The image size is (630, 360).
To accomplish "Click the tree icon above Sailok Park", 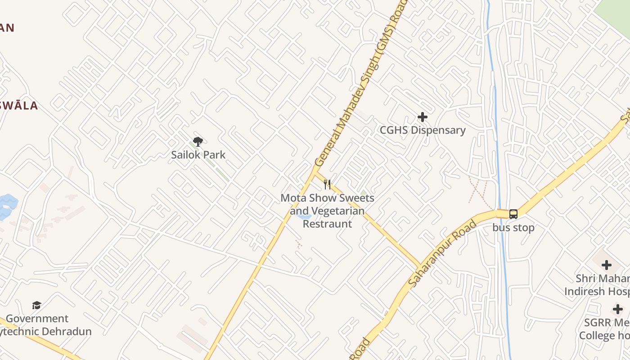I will click(x=198, y=142).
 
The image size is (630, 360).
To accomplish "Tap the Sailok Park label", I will click(x=198, y=155).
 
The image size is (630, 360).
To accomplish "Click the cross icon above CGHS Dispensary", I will click(x=422, y=117).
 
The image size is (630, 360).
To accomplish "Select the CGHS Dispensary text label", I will click(x=423, y=130).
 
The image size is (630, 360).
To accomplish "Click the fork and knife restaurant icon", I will click(x=327, y=184).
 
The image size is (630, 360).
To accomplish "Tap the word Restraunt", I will click(x=327, y=224).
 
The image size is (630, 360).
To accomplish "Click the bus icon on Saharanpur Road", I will click(x=513, y=214).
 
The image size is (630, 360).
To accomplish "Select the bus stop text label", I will click(x=513, y=228).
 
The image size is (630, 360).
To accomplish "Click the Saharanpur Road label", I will click(x=442, y=254).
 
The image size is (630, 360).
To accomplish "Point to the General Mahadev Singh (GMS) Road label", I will click(x=360, y=83).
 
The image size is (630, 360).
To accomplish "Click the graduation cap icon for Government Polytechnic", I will click(x=36, y=306).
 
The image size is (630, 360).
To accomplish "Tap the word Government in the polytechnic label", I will click(x=37, y=319).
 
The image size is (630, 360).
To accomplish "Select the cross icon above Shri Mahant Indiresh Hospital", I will click(x=606, y=265).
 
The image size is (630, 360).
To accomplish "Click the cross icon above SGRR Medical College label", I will click(x=618, y=309).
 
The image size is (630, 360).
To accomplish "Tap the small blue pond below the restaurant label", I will click(x=305, y=217).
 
